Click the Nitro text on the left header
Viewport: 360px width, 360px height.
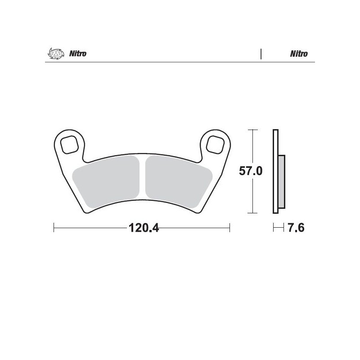(78, 54)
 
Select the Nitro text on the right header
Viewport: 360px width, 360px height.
(299, 54)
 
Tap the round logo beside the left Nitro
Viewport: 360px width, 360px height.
(54, 54)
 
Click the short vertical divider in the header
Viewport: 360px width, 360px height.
(261, 54)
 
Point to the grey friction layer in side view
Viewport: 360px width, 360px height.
(282, 182)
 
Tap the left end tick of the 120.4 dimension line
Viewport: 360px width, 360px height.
(54, 228)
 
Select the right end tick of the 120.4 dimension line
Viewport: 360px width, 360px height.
(230, 228)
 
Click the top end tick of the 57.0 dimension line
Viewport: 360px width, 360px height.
(254, 130)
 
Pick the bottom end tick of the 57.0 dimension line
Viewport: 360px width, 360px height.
(254, 213)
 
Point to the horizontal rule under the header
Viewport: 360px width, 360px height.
(180, 63)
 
